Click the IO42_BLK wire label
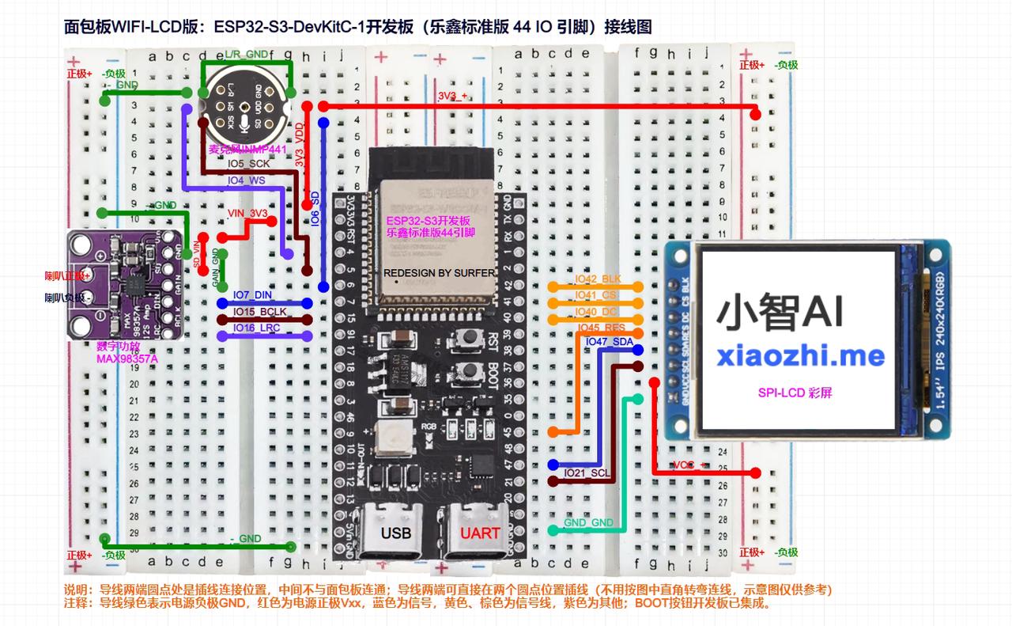[x=598, y=279]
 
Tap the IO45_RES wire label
[x=602, y=327]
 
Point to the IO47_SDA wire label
[x=609, y=341]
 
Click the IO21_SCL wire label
[x=587, y=472]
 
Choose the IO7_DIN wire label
[x=252, y=295]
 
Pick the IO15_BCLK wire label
[x=259, y=312]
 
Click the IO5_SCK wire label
[x=248, y=164]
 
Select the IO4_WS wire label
[x=246, y=180]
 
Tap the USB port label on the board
[x=395, y=533]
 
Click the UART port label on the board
[x=480, y=533]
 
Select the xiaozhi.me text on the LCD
[x=800, y=355]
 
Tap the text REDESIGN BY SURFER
[x=440, y=273]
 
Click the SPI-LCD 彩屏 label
[x=795, y=393]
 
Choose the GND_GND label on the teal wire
[x=588, y=523]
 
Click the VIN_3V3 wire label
[x=247, y=214]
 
